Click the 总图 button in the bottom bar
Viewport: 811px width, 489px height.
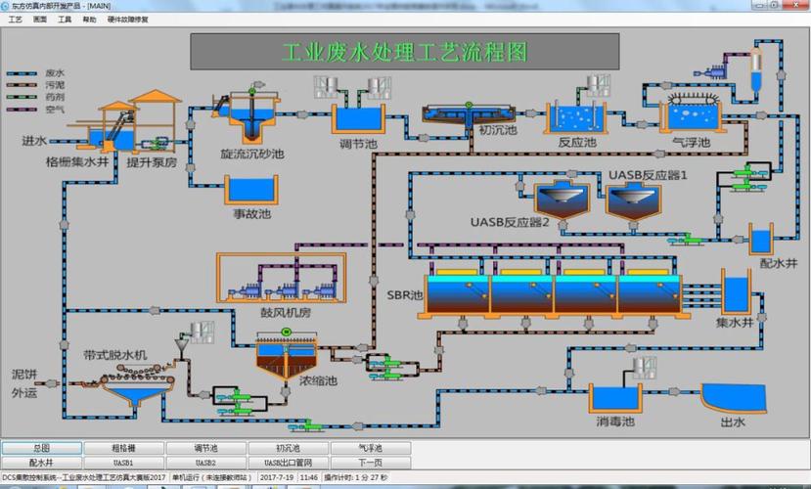pos(40,448)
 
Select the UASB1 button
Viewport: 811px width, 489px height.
pos(122,462)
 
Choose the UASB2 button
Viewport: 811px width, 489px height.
pos(204,462)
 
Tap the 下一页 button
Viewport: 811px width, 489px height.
pos(369,462)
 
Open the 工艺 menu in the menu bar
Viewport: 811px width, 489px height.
pos(15,19)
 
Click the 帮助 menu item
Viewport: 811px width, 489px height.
pos(89,19)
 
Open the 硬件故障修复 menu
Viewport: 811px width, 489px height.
pos(127,19)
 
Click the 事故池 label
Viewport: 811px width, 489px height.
pos(250,213)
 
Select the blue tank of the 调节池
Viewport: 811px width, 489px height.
pos(358,120)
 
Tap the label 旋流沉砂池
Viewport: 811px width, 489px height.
pos(251,153)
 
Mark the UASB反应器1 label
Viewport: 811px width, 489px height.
pos(649,175)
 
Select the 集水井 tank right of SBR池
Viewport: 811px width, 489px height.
pos(735,291)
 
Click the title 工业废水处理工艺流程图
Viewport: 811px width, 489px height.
pos(404,51)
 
